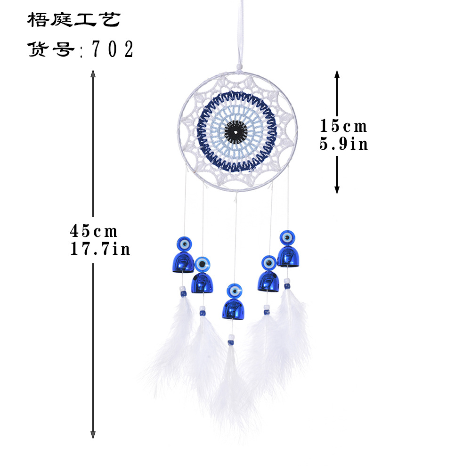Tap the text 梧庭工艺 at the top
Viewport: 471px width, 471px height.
click(74, 20)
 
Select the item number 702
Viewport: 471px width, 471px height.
click(113, 49)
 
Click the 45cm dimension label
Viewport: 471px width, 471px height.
click(94, 231)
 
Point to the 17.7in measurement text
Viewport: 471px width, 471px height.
click(100, 248)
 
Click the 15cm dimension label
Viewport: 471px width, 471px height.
click(343, 126)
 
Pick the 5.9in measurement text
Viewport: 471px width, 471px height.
click(343, 144)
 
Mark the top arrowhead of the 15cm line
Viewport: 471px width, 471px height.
click(337, 73)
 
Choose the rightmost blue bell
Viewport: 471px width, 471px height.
click(287, 256)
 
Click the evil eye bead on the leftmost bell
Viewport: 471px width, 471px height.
click(183, 244)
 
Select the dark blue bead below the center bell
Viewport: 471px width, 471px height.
click(230, 342)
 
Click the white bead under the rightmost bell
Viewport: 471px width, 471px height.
click(287, 281)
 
